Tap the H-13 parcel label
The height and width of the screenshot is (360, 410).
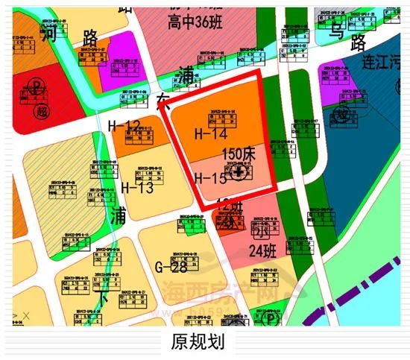click(136, 187)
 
